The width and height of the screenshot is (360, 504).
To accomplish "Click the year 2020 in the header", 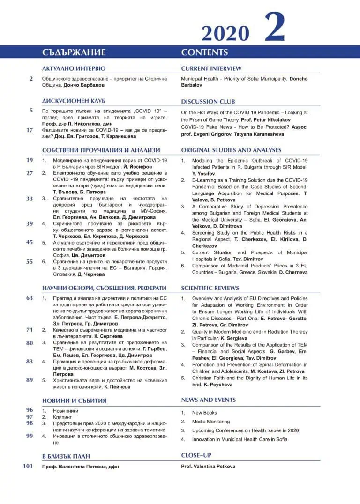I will [225, 33].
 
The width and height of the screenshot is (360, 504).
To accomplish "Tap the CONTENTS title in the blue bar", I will [204, 52].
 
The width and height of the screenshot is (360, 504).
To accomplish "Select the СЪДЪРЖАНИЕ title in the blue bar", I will [74, 52].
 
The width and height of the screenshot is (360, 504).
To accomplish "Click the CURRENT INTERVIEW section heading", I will [211, 68].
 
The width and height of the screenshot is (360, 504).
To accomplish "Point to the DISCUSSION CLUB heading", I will [208, 101].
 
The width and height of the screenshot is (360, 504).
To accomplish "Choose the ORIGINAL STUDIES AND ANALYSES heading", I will [231, 150].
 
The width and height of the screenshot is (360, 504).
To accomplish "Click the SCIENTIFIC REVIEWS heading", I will [210, 288].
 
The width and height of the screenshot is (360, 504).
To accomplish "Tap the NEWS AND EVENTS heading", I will [209, 400].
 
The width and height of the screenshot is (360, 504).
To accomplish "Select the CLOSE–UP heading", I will [195, 455].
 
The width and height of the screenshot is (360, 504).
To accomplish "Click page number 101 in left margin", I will [28, 466].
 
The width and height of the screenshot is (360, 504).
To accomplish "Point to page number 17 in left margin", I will [30, 130].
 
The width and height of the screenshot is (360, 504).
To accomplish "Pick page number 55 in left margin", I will [30, 262].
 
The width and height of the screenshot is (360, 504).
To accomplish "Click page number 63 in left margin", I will [30, 298].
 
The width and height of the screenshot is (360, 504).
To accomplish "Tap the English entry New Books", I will [204, 413].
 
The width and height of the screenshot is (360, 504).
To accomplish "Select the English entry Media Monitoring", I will [211, 422].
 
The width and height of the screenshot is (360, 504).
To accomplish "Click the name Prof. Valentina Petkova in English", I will [208, 467].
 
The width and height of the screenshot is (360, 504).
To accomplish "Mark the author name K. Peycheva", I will [218, 385].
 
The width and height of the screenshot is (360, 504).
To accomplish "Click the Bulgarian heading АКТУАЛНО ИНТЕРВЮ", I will [74, 68].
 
